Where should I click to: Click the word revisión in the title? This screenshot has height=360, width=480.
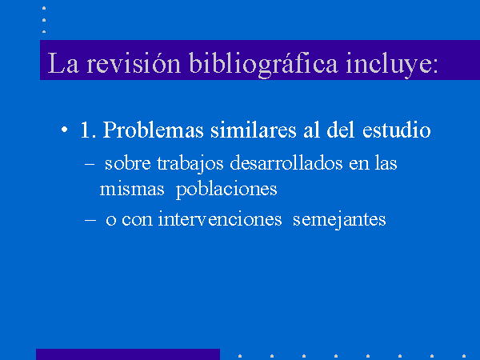click(134, 62)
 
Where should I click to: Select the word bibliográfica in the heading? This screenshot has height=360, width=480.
click(263, 64)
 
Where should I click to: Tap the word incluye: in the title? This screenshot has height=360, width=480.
click(392, 65)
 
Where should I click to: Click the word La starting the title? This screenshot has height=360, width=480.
click(63, 63)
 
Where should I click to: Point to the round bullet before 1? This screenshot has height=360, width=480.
click(64, 130)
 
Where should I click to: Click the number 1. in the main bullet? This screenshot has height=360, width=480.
click(89, 130)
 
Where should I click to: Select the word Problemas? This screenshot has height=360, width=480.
click(153, 130)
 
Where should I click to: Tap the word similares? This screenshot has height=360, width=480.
click(254, 130)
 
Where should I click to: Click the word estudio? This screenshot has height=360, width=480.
click(397, 130)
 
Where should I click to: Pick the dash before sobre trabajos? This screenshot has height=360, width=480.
click(90, 164)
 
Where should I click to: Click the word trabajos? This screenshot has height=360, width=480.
click(190, 164)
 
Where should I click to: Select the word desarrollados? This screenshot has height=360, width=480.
click(286, 163)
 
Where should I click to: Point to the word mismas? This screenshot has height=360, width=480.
click(132, 189)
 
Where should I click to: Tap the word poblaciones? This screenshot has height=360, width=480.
click(226, 190)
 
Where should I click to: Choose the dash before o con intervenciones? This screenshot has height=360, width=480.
click(90, 220)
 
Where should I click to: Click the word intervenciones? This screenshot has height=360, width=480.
click(220, 219)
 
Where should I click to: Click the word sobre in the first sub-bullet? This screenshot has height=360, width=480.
click(128, 163)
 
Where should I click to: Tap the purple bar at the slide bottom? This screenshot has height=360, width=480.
click(128, 354)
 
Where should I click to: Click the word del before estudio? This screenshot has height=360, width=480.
click(341, 130)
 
